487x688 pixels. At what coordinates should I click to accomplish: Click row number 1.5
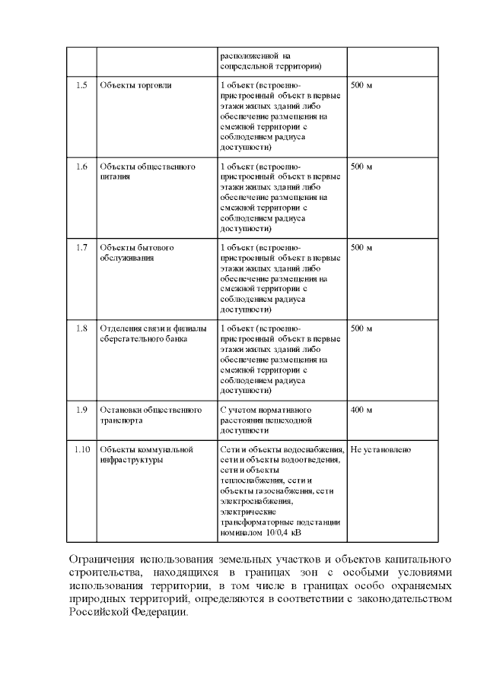pos(81,85)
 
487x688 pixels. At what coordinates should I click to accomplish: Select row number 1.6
pos(81,166)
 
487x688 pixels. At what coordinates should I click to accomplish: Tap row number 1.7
pos(81,248)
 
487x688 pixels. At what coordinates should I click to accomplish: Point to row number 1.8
pos(81,328)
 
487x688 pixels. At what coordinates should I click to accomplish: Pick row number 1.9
pos(81,410)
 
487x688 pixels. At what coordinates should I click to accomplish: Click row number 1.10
pos(81,450)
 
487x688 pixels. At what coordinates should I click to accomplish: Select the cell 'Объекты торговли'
pos(135,85)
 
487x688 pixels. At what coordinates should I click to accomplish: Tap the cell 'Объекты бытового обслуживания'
pos(137,252)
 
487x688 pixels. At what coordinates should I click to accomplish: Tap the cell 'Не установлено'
pos(380,450)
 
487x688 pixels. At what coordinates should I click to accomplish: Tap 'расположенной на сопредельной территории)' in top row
pos(270,61)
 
